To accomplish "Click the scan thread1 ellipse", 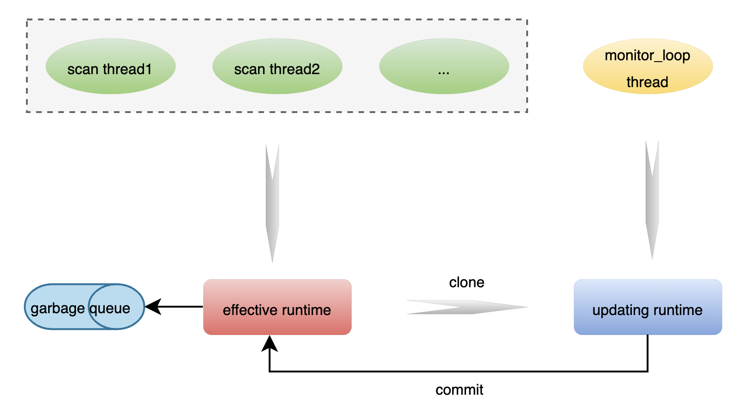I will click(110, 66).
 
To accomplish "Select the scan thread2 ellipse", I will click(277, 66).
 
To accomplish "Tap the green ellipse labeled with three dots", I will click(444, 66).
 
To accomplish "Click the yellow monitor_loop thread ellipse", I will click(648, 66).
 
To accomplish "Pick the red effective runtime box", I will click(277, 307).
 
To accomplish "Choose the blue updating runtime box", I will click(648, 307).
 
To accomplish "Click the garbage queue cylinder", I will click(84, 307).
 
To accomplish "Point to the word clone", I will click(466, 282).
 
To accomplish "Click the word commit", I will click(459, 390).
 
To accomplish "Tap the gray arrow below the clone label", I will click(466, 307).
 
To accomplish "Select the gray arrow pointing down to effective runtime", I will click(272, 204).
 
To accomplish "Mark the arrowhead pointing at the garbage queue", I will click(153, 307).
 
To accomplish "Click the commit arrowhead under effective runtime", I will click(270, 344).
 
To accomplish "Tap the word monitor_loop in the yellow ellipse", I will click(648, 56).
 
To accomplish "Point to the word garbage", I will click(57, 308).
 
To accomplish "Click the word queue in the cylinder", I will click(110, 308).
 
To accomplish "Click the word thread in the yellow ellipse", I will click(647, 82).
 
